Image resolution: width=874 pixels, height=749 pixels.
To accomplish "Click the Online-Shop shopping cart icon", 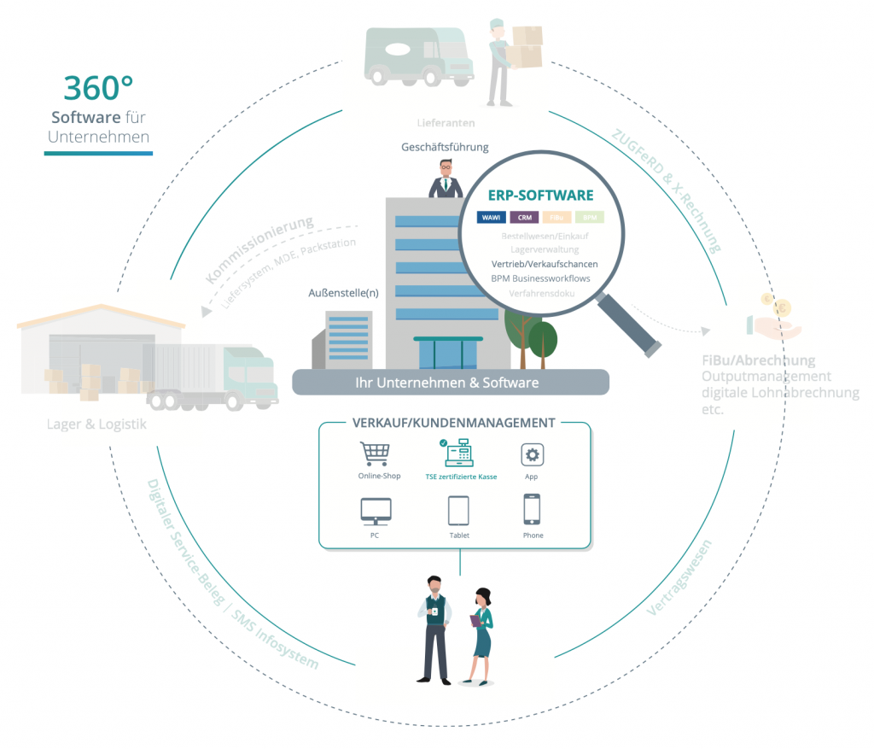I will [374, 453].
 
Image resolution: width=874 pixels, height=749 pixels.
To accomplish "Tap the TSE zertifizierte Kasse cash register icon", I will [461, 452].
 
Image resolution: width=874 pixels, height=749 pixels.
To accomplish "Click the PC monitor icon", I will [376, 510].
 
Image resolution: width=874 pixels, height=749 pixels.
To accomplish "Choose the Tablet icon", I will [459, 511].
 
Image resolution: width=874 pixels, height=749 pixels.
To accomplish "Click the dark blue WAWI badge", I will [492, 218].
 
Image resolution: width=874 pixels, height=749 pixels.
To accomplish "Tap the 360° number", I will [98, 89].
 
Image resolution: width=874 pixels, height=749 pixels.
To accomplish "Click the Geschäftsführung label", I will [445, 147].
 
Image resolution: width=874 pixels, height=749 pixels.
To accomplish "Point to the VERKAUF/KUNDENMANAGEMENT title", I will [453, 423].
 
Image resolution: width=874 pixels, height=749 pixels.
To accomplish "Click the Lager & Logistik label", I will [97, 424].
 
